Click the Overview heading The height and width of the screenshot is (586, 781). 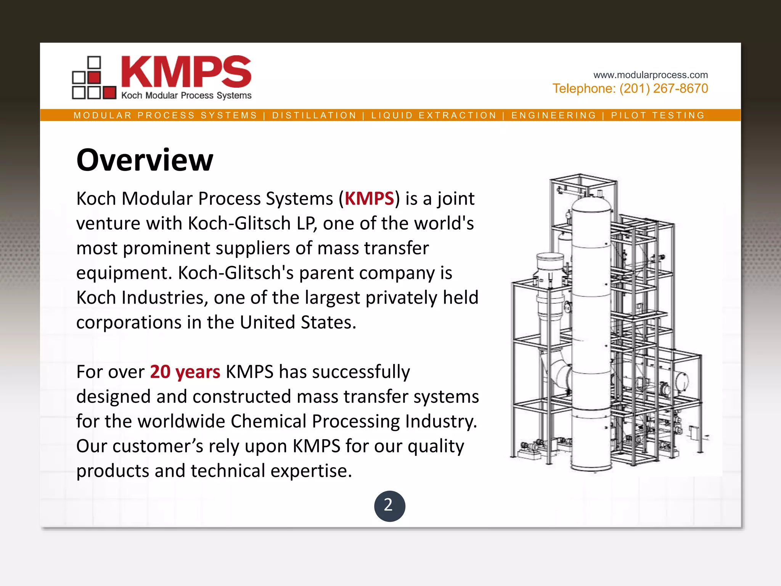(x=145, y=160)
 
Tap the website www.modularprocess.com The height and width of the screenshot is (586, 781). (x=650, y=75)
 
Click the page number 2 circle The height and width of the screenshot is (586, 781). (x=389, y=506)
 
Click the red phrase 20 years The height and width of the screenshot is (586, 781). (x=185, y=372)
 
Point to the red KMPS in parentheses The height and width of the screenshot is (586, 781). (x=369, y=199)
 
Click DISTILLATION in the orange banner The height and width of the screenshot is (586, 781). (x=314, y=115)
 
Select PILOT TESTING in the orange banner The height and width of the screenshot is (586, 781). (x=658, y=115)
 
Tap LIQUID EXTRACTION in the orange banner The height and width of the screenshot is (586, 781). (x=434, y=115)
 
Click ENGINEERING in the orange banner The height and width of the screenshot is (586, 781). (x=554, y=115)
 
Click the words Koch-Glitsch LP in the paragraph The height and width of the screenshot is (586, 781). (x=252, y=224)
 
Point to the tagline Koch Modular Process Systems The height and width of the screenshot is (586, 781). (x=186, y=95)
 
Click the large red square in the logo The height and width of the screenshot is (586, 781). (x=109, y=93)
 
